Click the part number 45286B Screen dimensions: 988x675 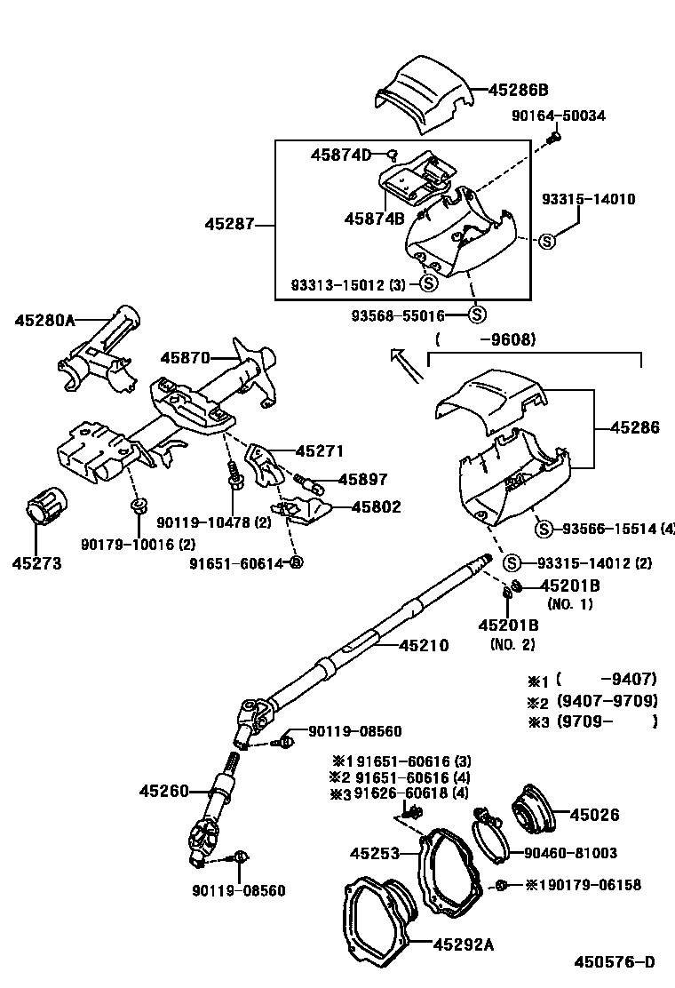click(x=519, y=90)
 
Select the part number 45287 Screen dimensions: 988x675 click(x=230, y=225)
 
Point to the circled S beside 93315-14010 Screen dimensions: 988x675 click(x=547, y=240)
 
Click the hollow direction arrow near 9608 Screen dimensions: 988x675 click(x=407, y=365)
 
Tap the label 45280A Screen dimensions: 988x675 click(x=44, y=320)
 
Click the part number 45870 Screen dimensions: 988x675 click(x=185, y=358)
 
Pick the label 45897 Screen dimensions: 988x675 click(x=362, y=480)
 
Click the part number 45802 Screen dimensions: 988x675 click(x=376, y=507)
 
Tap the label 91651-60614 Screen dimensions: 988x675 click(x=238, y=562)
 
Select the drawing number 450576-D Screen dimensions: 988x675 click(x=615, y=961)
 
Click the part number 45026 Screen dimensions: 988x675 click(x=595, y=815)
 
